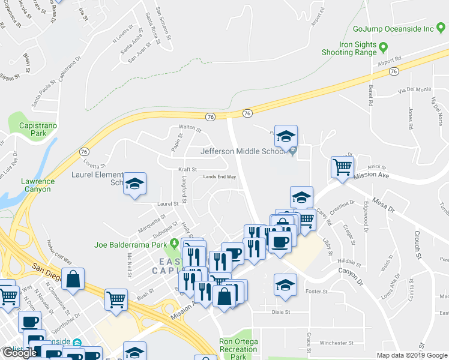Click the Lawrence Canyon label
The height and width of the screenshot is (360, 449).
38,185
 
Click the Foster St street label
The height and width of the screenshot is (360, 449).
316,292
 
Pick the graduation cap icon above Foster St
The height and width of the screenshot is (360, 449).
286,283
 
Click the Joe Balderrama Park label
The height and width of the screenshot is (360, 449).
130,245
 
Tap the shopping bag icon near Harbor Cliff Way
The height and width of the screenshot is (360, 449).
73,278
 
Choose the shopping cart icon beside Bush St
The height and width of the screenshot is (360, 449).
116,298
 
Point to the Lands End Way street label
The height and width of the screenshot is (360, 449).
219,177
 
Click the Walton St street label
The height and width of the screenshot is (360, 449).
190,128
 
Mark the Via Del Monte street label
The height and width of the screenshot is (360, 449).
414,89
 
